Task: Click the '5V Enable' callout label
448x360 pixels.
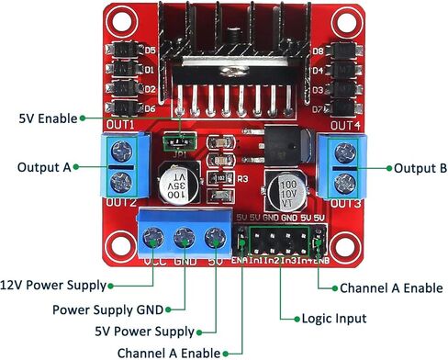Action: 43,118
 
